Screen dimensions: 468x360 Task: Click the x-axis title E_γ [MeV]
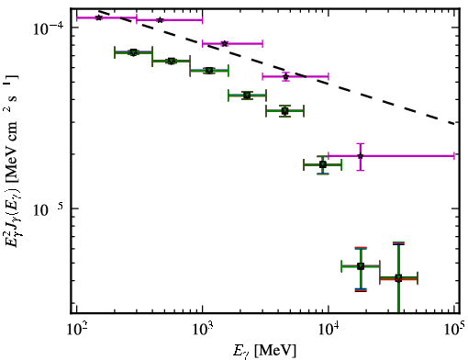pyautogui.click(x=264, y=351)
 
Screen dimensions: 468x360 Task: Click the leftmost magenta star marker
pyautogui.click(x=99, y=17)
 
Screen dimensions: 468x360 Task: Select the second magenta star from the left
pyautogui.click(x=160, y=20)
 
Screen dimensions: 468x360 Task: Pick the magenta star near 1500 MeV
pyautogui.click(x=225, y=44)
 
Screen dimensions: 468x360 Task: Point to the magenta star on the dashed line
pyautogui.click(x=285, y=76)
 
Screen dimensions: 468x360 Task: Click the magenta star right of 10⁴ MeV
pyautogui.click(x=361, y=156)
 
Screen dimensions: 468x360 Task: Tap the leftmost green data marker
pyautogui.click(x=133, y=52)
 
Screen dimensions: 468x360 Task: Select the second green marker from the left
pyautogui.click(x=172, y=62)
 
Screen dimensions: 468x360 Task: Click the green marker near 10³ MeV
pyautogui.click(x=209, y=71)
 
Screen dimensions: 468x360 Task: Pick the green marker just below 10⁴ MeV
pyautogui.click(x=323, y=164)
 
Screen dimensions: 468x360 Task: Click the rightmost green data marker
pyautogui.click(x=398, y=278)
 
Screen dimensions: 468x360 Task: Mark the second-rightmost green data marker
pyautogui.click(x=361, y=266)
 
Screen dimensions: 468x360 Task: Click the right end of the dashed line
pyautogui.click(x=455, y=123)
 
